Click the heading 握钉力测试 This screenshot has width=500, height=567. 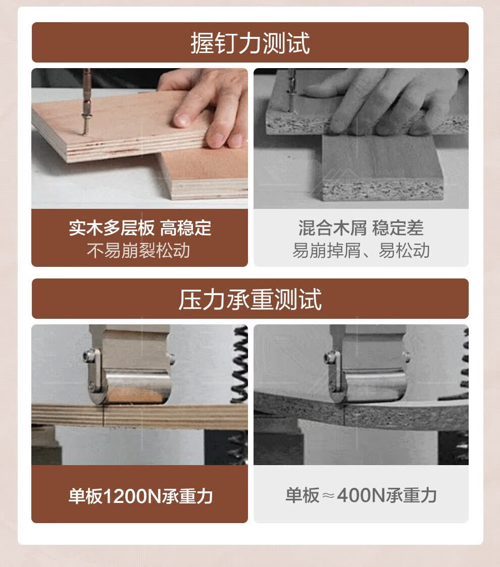250,43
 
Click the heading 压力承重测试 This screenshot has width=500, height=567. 250,299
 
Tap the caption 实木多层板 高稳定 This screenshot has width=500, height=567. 140,228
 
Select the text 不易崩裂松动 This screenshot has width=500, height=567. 139,250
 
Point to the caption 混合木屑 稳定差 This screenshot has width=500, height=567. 361,228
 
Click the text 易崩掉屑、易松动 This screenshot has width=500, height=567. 361,250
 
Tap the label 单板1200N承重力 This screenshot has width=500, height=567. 140,496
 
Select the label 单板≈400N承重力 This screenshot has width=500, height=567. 361,495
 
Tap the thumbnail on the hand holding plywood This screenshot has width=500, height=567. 181,120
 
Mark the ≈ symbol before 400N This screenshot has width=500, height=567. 328,496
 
